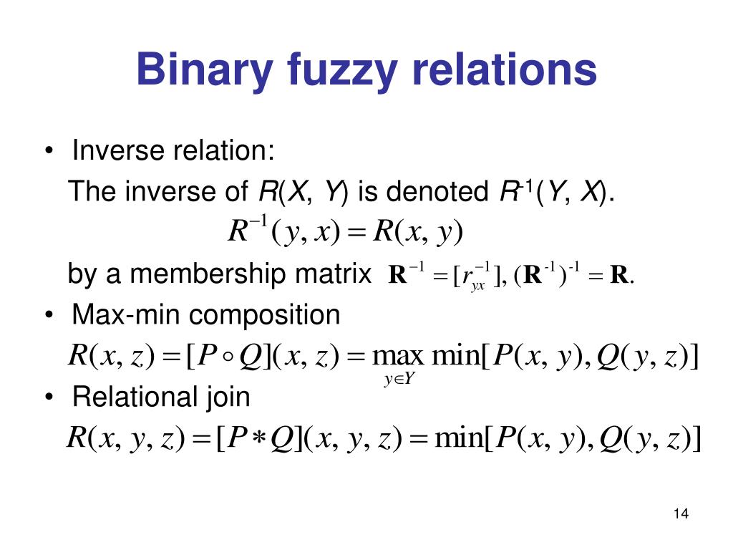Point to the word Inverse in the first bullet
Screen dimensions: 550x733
point(117,151)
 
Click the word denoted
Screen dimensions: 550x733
point(441,192)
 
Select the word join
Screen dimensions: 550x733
point(227,397)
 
